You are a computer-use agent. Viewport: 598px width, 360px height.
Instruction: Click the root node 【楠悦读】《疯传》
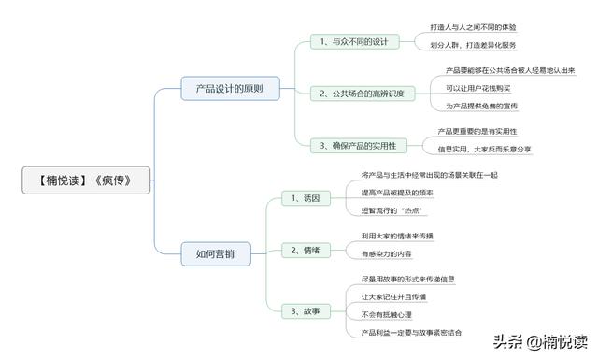pos(85,180)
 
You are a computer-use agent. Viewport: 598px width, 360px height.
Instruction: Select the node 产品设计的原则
pos(228,90)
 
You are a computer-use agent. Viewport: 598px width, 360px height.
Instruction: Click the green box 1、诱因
pos(305,198)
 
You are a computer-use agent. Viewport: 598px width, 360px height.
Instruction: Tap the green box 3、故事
pos(305,310)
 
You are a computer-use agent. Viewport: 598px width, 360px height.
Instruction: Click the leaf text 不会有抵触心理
pos(386,314)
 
